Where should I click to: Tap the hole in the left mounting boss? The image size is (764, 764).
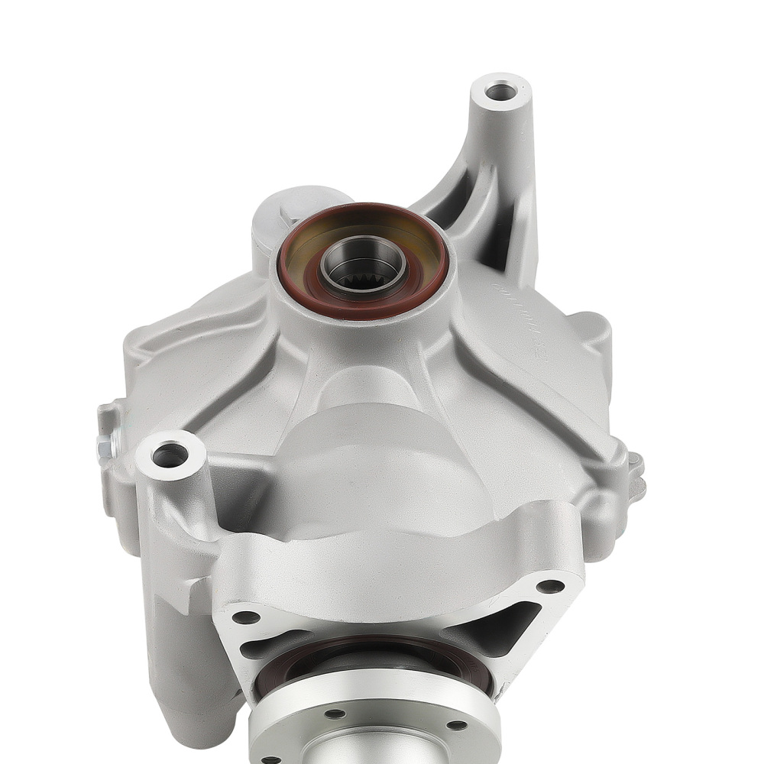[169, 455]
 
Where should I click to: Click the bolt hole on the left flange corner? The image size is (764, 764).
[246, 616]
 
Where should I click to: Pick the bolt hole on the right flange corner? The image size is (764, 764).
[550, 587]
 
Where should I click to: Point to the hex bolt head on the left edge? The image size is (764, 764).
[104, 442]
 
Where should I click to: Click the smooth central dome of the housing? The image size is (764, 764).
[382, 458]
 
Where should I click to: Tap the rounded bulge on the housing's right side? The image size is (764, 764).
[592, 336]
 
